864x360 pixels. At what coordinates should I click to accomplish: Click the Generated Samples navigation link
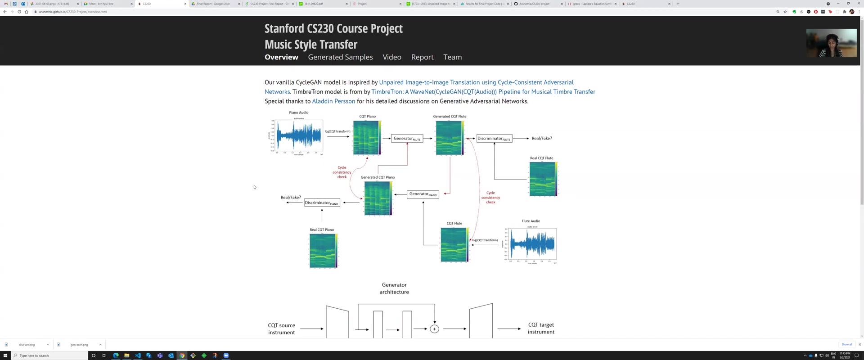click(340, 57)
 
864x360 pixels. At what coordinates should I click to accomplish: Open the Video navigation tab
click(391, 57)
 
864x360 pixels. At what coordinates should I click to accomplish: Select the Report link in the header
click(422, 57)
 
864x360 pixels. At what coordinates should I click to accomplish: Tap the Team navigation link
click(452, 57)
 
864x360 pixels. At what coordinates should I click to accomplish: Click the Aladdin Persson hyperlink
click(333, 101)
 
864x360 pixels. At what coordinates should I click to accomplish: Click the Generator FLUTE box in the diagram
click(407, 139)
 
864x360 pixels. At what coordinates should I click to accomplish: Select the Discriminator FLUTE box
click(494, 139)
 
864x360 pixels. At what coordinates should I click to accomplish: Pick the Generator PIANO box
click(423, 194)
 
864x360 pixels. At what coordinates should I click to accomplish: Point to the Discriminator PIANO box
click(322, 203)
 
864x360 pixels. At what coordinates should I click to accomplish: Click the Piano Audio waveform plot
click(299, 136)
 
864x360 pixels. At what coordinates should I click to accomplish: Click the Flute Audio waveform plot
click(532, 244)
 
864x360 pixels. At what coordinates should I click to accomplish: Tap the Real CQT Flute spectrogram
click(543, 179)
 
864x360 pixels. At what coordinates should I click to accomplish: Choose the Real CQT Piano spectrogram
click(323, 251)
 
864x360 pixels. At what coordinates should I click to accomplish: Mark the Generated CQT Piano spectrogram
click(378, 198)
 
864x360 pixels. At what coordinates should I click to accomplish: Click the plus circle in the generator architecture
click(434, 329)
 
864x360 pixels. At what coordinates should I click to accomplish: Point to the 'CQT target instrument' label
click(541, 328)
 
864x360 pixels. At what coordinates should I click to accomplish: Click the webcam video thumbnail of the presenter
click(831, 43)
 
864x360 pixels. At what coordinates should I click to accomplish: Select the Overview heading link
click(281, 57)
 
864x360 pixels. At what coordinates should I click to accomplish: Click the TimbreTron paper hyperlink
click(483, 92)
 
